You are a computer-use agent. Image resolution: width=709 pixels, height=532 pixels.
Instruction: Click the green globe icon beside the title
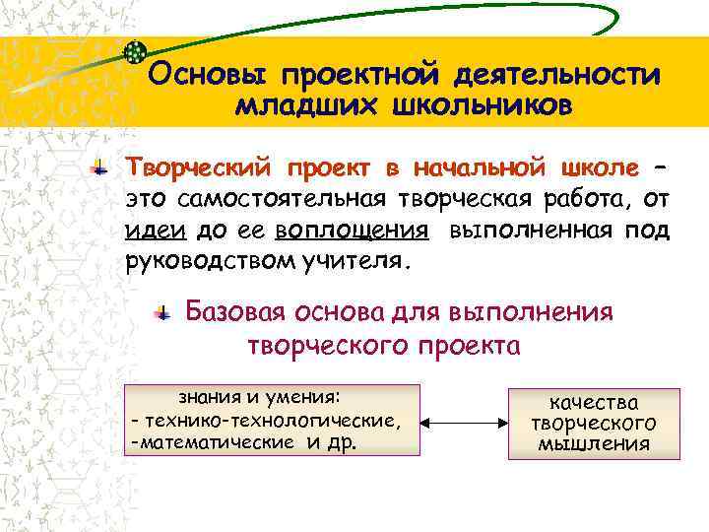136,51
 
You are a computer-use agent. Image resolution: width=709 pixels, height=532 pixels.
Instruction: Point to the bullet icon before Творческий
99,166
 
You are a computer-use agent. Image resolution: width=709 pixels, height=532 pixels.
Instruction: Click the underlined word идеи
150,231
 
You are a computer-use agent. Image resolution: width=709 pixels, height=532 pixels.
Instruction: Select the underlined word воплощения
352,231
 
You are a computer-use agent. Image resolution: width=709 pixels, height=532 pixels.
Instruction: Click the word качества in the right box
594,402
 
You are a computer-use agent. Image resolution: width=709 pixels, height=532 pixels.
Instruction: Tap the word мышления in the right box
594,443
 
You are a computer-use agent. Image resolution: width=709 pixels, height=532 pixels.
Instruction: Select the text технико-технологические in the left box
272,421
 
